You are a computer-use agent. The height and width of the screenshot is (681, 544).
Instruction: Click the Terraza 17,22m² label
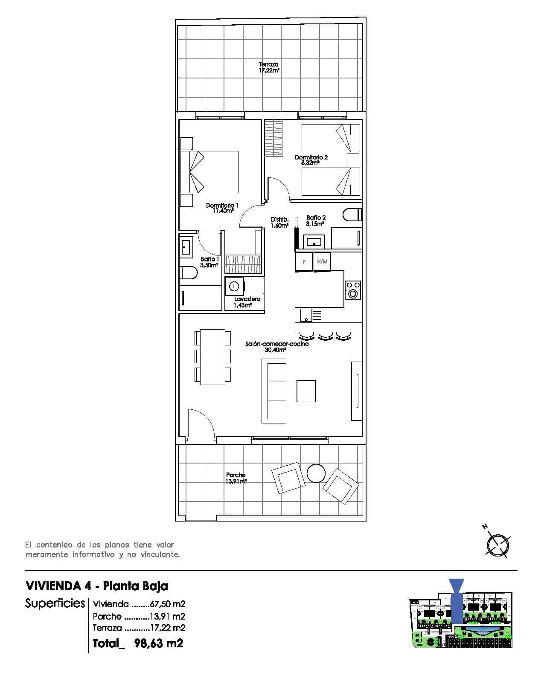pos(268,67)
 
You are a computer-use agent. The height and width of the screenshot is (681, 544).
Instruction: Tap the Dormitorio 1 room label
pos(222,208)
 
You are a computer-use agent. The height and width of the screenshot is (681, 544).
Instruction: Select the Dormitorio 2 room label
pos(311,160)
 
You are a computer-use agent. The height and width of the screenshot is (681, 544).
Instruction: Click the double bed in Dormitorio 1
pos(209,172)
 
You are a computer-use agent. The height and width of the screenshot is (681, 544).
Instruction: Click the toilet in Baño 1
pos(188,272)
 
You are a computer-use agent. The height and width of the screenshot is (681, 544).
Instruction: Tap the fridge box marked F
pos(304,262)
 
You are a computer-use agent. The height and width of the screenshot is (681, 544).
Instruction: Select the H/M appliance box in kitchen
pos(322,262)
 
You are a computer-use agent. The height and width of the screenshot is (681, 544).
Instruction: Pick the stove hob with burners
pos(353,290)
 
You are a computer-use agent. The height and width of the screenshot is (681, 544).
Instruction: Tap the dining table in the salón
pos(213,356)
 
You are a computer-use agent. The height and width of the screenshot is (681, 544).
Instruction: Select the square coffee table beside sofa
pos(306,391)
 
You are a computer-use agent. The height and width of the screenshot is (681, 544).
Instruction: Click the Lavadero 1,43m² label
pos(247,302)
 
